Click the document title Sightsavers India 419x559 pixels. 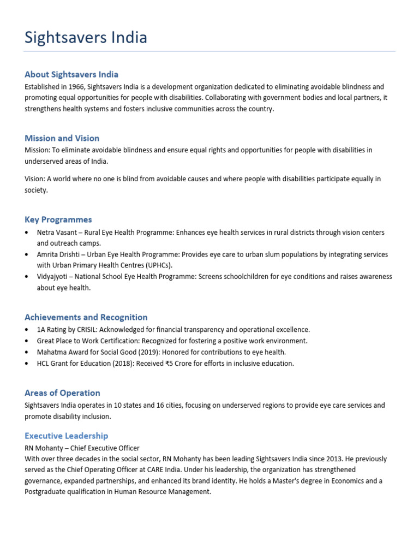pyautogui.click(x=86, y=38)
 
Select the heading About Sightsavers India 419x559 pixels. pyautogui.click(x=71, y=74)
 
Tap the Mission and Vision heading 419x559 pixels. pyautogui.click(x=62, y=138)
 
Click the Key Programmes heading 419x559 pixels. pyautogui.click(x=58, y=219)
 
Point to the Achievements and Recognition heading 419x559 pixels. pyautogui.click(x=86, y=317)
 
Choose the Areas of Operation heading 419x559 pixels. pyautogui.click(x=62, y=393)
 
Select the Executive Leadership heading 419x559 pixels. pyautogui.click(x=67, y=436)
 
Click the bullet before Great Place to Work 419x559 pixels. pyautogui.click(x=27, y=341)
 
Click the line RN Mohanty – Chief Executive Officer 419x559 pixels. pyautogui.click(x=82, y=448)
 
